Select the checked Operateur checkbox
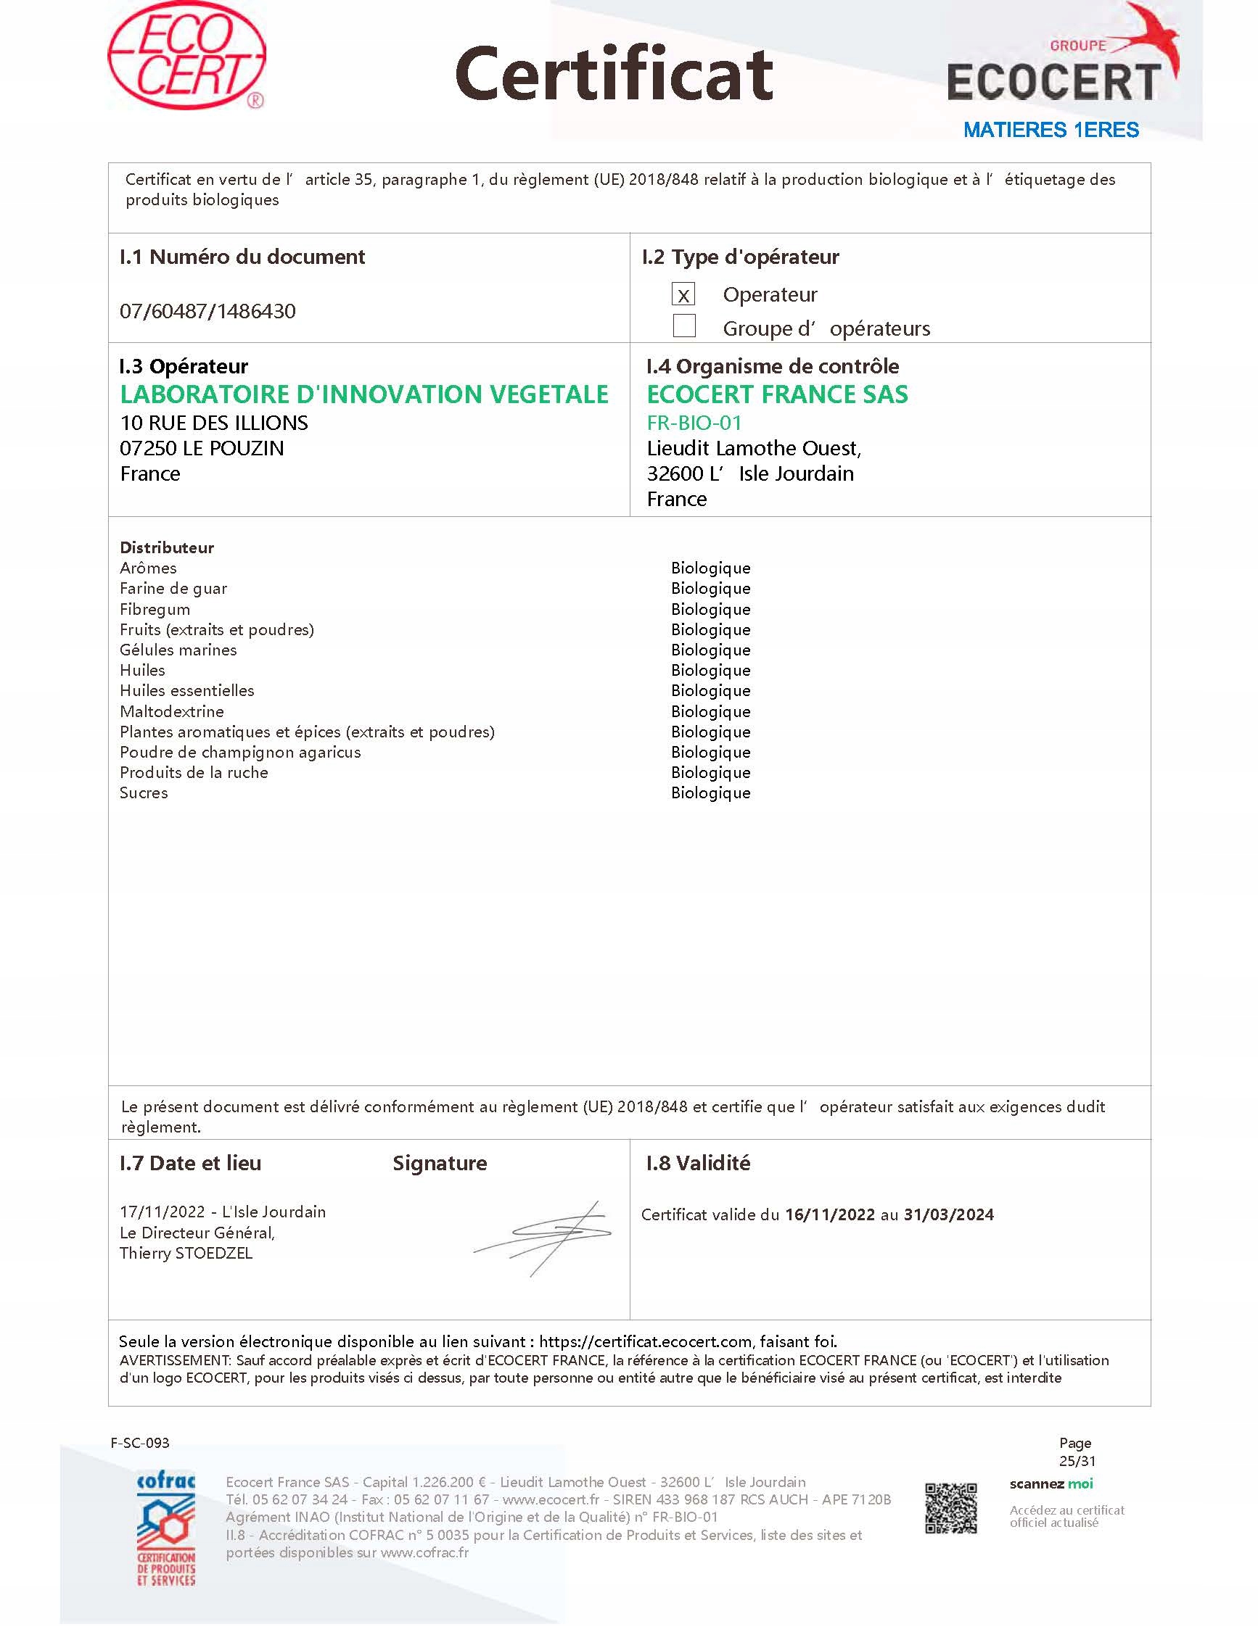coord(683,294)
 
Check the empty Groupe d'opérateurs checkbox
coord(683,326)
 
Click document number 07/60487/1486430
coord(207,310)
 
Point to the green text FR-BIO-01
coord(694,423)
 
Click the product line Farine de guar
coord(173,589)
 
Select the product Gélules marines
coord(178,650)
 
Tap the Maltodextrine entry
coord(171,711)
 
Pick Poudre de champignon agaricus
coord(240,753)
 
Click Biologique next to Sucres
coord(710,792)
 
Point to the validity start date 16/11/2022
coord(829,1215)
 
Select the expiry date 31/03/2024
coord(948,1215)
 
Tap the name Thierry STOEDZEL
coord(186,1253)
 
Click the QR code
coord(950,1509)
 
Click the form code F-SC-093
coord(139,1443)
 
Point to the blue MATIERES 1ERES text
coord(1050,130)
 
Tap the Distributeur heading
coord(166,547)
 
